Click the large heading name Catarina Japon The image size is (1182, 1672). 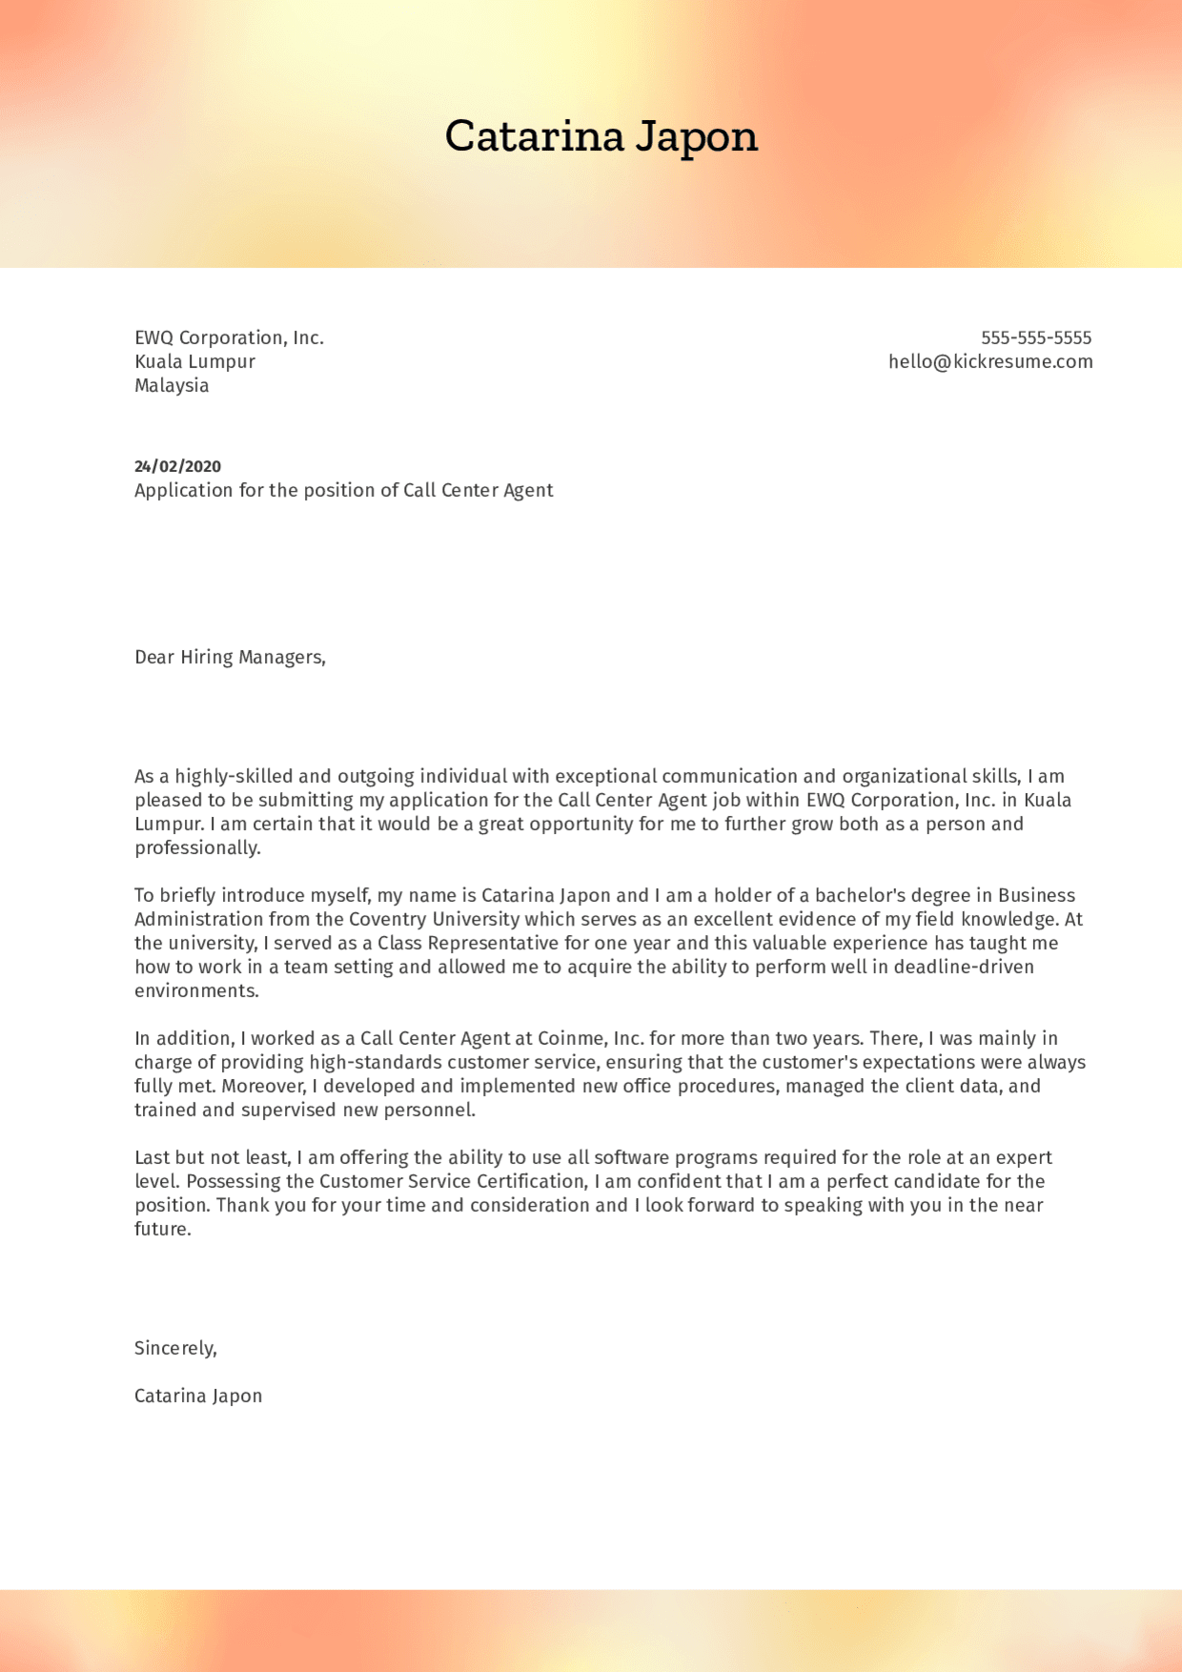click(601, 136)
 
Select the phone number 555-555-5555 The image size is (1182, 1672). click(1036, 337)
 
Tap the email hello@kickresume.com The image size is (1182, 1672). click(990, 361)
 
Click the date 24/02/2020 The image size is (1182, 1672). click(177, 466)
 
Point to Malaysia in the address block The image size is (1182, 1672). click(172, 385)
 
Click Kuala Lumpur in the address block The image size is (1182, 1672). click(194, 361)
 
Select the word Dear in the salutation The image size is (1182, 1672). click(154, 657)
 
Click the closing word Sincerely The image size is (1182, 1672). click(175, 1348)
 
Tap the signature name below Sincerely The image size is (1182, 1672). click(198, 1396)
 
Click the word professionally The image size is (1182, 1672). click(197, 847)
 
